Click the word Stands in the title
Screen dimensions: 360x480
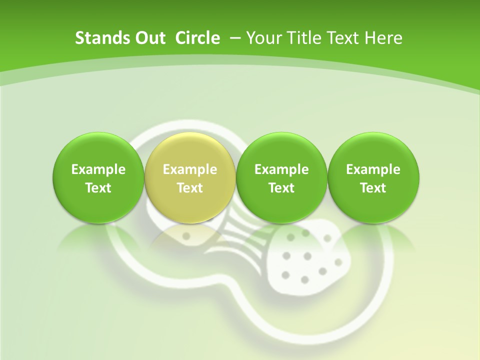click(x=98, y=38)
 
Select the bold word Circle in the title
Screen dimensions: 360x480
click(x=197, y=38)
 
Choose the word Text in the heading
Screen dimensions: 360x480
click(x=345, y=38)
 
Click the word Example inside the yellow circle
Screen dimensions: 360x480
click(x=190, y=169)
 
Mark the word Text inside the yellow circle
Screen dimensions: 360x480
click(x=190, y=188)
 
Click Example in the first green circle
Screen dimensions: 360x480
click(x=98, y=169)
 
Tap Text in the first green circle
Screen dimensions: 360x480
click(x=98, y=188)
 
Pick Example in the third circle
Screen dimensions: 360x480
click(x=281, y=169)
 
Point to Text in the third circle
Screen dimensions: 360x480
click(x=281, y=188)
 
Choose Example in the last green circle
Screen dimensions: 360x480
click(x=373, y=169)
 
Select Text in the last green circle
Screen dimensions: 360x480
click(x=373, y=188)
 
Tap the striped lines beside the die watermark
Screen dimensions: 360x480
click(x=240, y=240)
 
